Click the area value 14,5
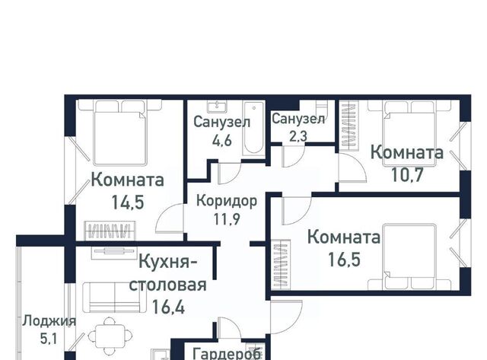[128, 202]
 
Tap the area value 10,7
[407, 175]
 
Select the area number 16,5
[344, 260]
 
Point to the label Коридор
[227, 201]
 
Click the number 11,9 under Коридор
[227, 219]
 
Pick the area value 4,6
[221, 141]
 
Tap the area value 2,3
[298, 136]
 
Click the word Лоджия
[49, 321]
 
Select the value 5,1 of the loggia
[49, 339]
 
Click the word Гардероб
[227, 354]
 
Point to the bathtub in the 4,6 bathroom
[253, 128]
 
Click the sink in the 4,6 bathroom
[217, 107]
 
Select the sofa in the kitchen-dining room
[114, 298]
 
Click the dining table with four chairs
[110, 336]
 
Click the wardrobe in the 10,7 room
[349, 126]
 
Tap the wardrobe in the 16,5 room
[281, 265]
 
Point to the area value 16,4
[168, 307]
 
